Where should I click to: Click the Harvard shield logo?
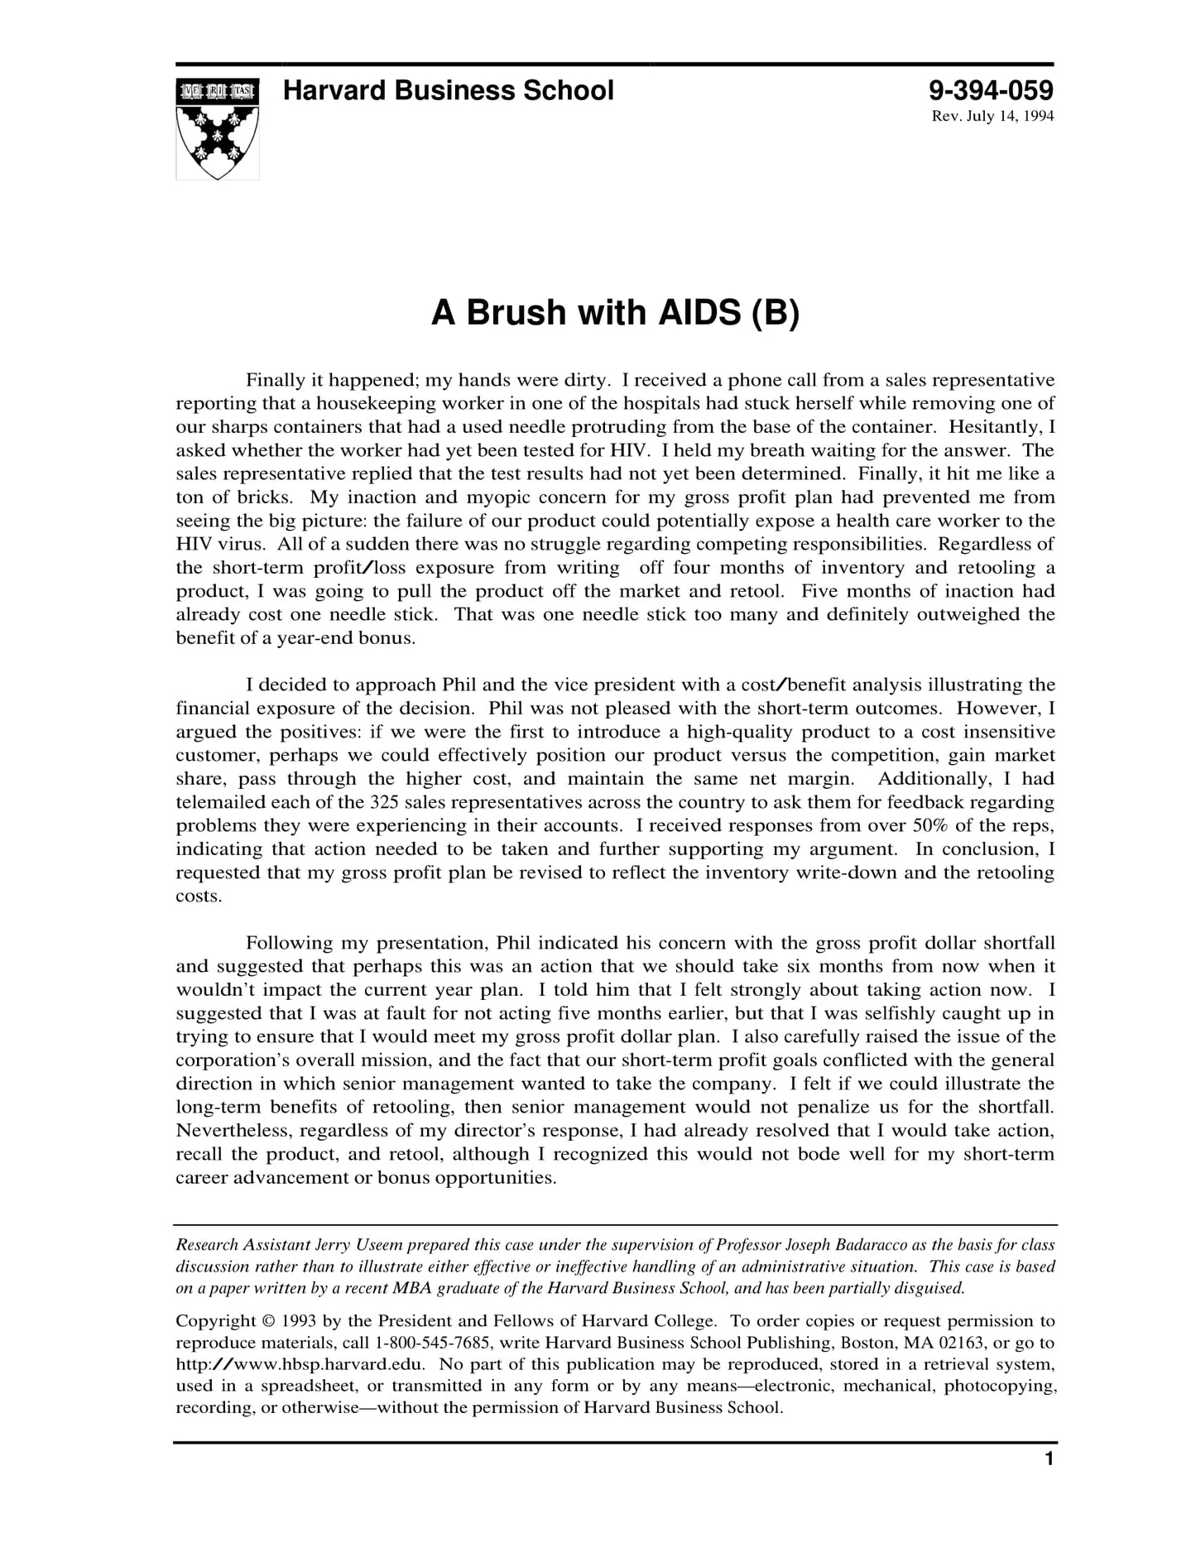(217, 128)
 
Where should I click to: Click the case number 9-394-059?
(991, 90)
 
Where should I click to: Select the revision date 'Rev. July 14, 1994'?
(992, 116)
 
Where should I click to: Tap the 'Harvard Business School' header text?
(448, 90)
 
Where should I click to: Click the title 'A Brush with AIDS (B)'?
(615, 313)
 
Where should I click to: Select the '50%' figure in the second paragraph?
(933, 825)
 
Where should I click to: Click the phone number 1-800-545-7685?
(435, 1343)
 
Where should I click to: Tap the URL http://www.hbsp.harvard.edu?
(300, 1364)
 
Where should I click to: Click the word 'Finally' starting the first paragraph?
(274, 381)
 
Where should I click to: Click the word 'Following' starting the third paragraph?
(288, 943)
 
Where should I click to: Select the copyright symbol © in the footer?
(267, 1321)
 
